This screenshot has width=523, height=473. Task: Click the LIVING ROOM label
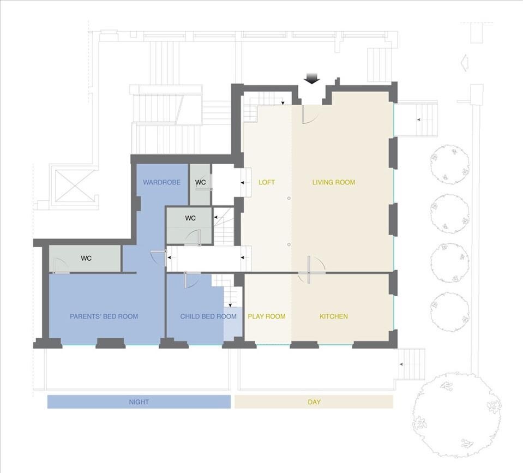coord(334,182)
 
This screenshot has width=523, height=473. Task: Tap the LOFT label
coord(267,182)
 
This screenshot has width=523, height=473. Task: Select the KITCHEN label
coord(334,316)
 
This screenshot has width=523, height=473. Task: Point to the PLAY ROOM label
coord(267,316)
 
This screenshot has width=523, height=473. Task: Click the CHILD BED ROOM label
coord(208,316)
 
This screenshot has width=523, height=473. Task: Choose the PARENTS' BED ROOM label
coord(104,316)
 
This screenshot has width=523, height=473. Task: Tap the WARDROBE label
coord(162,182)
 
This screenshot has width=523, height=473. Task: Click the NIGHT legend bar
coord(139,402)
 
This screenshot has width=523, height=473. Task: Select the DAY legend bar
coord(314,402)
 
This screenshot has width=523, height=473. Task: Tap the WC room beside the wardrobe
coord(200,184)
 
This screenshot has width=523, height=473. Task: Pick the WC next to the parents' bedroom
coord(85,259)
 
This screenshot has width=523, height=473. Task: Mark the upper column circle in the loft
coord(289,199)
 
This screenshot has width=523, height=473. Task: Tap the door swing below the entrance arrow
coord(310,115)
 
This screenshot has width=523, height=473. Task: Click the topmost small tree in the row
coord(450,164)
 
